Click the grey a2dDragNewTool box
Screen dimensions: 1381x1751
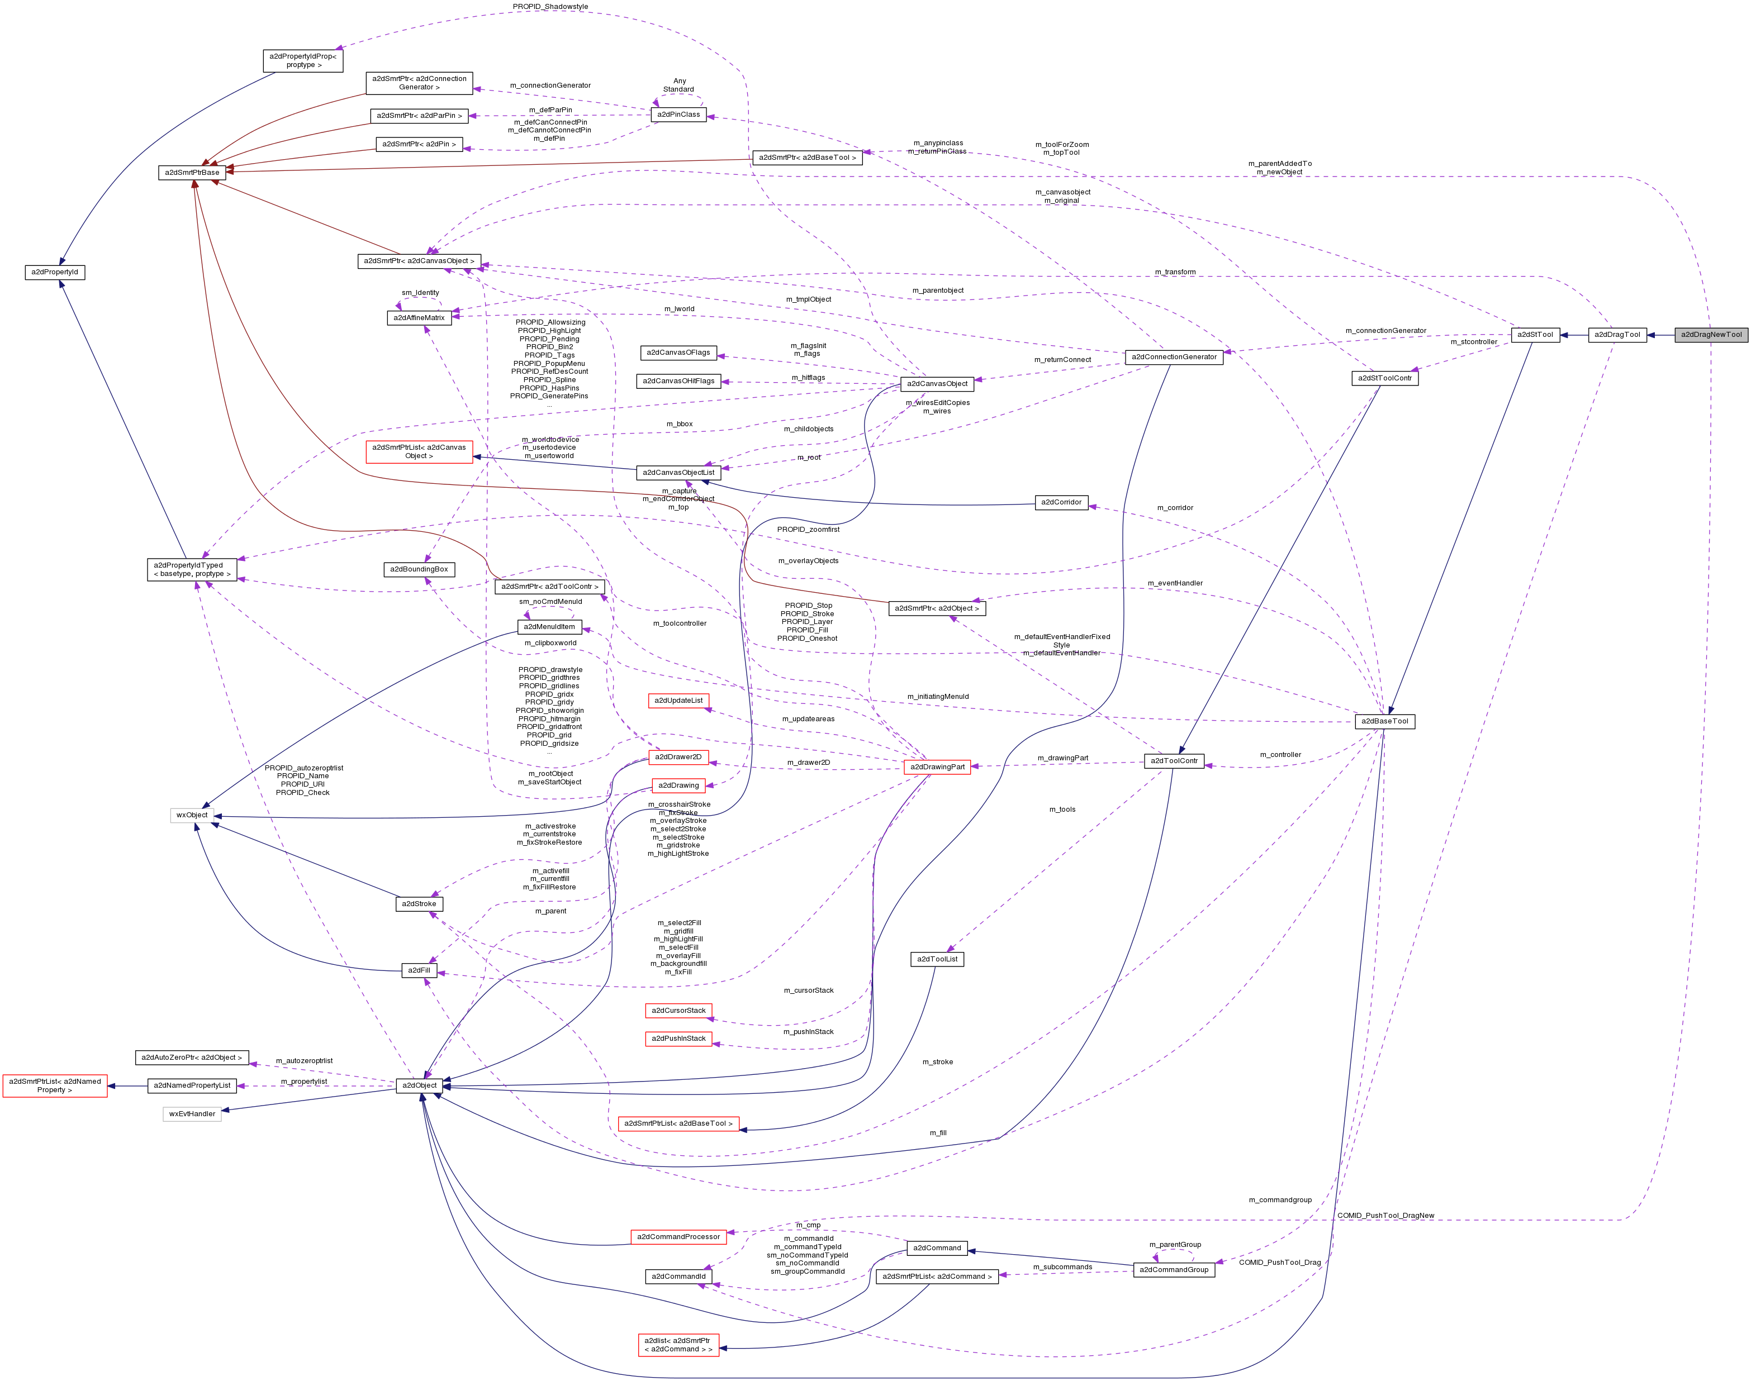click(x=1711, y=335)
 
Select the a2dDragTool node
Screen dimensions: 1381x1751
click(x=1617, y=335)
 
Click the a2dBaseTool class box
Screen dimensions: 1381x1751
click(x=1384, y=721)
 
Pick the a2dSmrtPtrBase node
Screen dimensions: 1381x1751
click(x=192, y=172)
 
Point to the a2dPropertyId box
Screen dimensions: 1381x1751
click(x=54, y=273)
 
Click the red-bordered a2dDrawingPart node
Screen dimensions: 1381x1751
click(x=937, y=767)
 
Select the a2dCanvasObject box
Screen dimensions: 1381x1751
click(x=937, y=384)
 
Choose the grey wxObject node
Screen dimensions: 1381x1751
click(x=192, y=815)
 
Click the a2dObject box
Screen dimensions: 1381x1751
click(x=419, y=1085)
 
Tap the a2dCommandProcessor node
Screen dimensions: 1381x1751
click(x=678, y=1236)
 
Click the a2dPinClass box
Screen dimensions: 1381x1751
click(x=678, y=115)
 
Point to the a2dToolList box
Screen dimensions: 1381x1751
click(x=937, y=959)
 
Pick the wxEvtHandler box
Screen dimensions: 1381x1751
click(x=192, y=1113)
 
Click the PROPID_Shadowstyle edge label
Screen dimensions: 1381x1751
click(x=550, y=7)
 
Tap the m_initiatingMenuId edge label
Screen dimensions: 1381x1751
click(x=937, y=696)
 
